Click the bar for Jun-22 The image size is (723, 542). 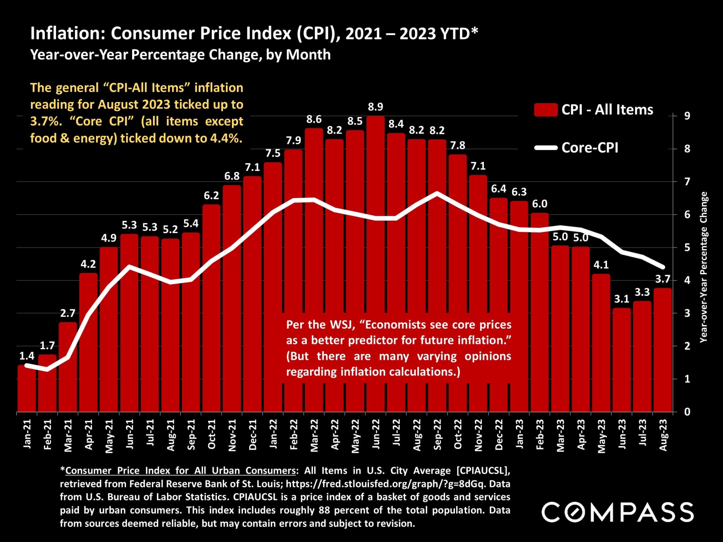tap(375, 263)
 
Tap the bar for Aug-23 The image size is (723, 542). tap(663, 350)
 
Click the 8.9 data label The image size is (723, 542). tap(375, 107)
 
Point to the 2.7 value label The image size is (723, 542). tap(68, 313)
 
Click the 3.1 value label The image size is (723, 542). tap(622, 299)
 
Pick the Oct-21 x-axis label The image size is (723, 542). tap(212, 434)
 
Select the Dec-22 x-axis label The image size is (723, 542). tap(499, 435)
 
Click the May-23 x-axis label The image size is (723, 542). tap(601, 436)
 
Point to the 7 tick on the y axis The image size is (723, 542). tap(687, 182)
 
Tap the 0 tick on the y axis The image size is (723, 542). tap(687, 412)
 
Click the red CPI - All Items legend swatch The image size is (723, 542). tap(546, 110)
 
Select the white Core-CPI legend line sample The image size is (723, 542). tap(546, 148)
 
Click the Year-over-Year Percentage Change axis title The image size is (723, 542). tap(703, 267)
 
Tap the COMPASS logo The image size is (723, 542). tap(618, 512)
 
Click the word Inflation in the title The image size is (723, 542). tap(66, 33)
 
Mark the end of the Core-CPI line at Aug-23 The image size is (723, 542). tap(663, 267)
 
